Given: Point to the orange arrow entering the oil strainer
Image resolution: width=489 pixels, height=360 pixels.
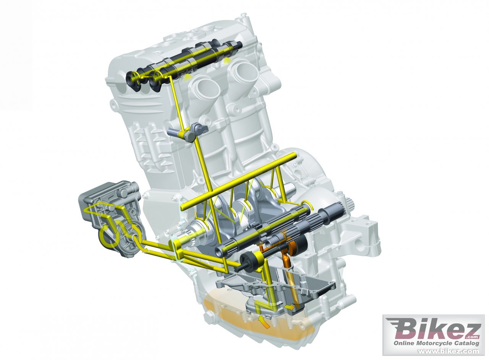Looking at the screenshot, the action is coord(264,323).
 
